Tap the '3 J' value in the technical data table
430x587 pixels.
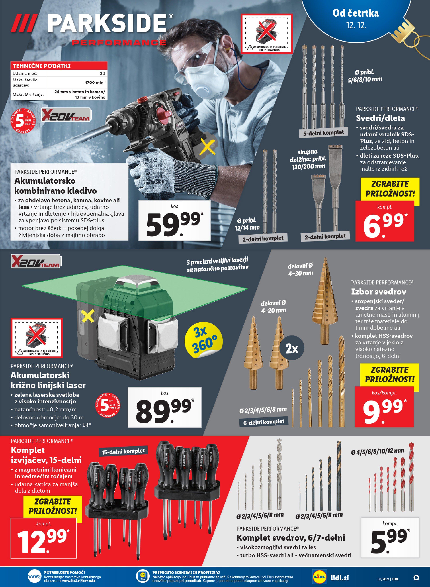click(x=102, y=73)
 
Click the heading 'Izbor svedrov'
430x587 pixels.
click(x=378, y=292)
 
